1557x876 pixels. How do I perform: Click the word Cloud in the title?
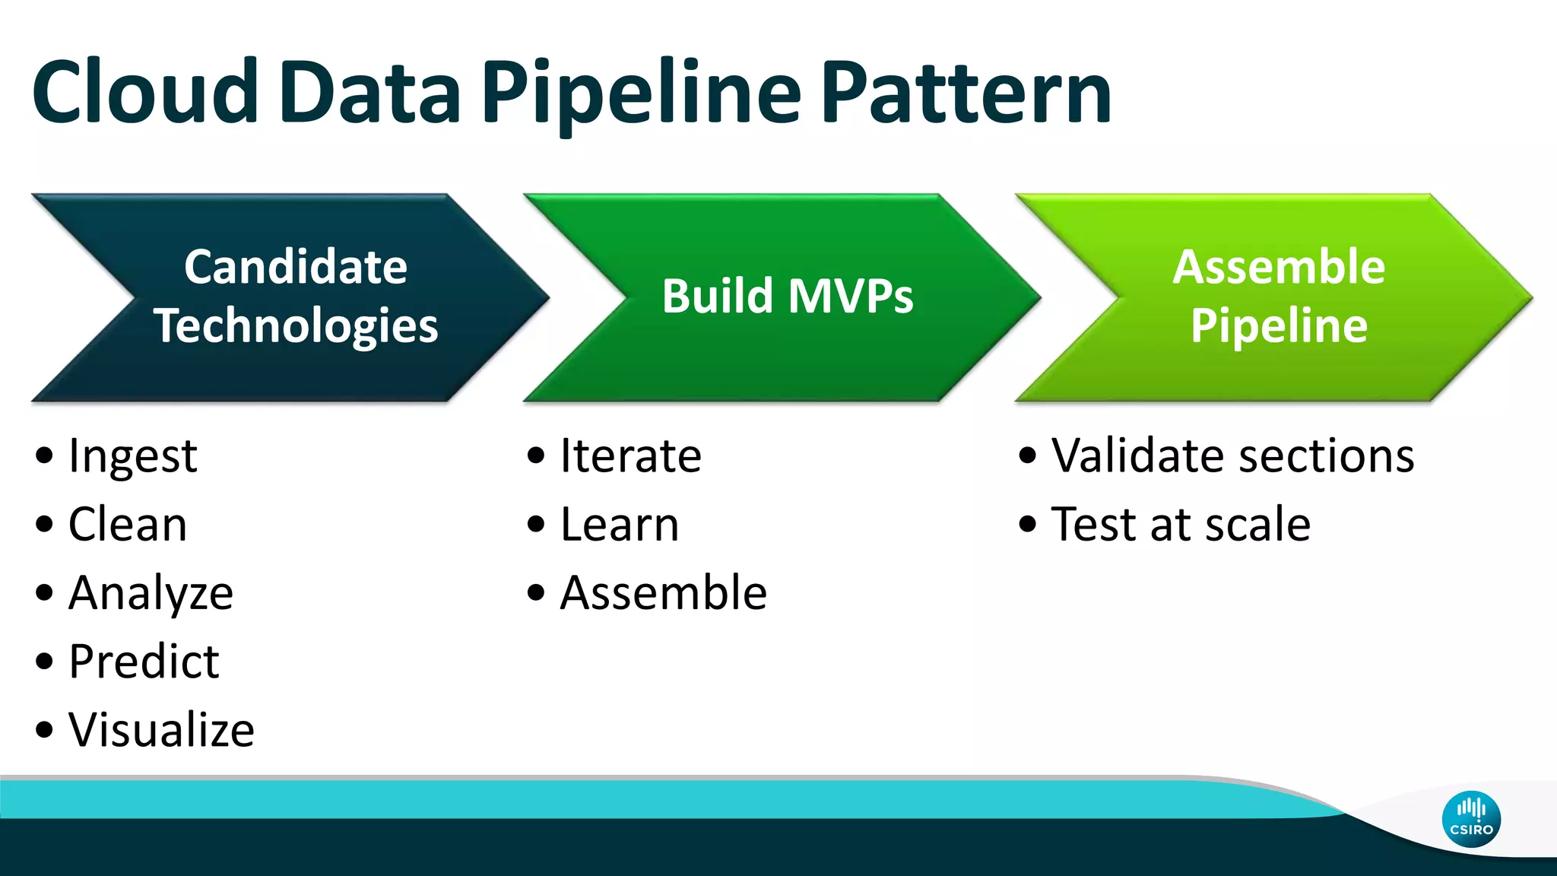coord(144,93)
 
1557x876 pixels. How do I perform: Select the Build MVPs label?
coord(787,296)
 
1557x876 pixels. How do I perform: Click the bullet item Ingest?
coord(132,456)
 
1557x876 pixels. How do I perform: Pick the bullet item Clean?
coord(127,525)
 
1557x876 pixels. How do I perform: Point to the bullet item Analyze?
coord(151,593)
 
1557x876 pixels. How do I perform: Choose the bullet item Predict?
coord(144,662)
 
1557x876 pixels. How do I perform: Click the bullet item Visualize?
coord(161,730)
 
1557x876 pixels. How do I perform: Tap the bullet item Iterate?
coord(630,456)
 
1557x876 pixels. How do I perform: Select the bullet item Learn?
coord(619,525)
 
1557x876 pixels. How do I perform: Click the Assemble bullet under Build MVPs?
coord(663,593)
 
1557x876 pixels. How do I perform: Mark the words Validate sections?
coord(1232,456)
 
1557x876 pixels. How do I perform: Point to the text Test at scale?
coord(1180,525)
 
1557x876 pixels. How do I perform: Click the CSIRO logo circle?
coord(1471,819)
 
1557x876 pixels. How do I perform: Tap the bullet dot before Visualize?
coord(45,730)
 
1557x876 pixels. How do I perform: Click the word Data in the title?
coord(370,93)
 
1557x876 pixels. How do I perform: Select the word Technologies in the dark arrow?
coord(296,325)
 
